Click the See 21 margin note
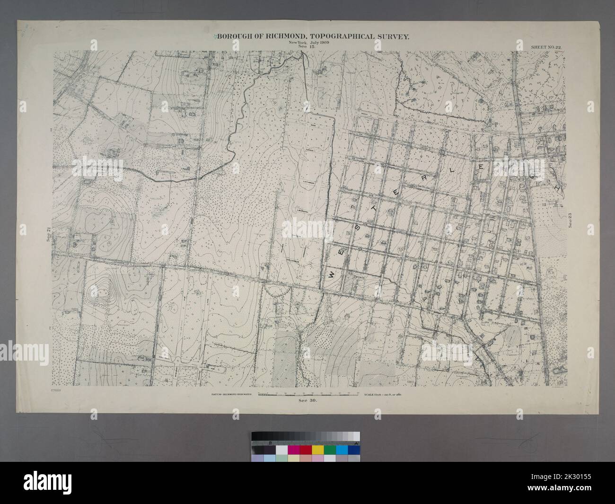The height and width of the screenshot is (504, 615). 48,235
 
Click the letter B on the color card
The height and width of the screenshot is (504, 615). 270,443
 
